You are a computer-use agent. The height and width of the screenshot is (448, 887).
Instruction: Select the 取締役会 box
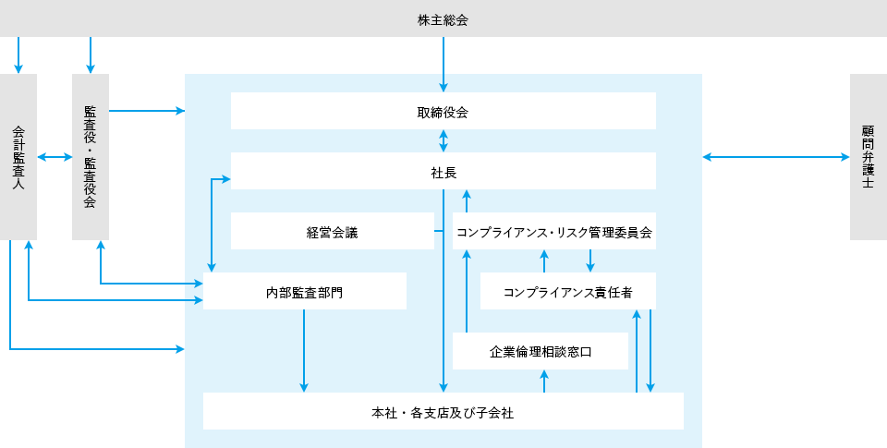[443, 111]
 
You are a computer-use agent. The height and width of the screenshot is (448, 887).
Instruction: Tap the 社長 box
[443, 171]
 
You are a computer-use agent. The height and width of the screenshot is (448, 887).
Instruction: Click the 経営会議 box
[332, 231]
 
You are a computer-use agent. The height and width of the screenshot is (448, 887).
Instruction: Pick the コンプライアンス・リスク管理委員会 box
[554, 231]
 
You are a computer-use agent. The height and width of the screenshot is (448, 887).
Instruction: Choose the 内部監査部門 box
[304, 291]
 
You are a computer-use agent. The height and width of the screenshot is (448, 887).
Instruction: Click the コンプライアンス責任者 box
[568, 291]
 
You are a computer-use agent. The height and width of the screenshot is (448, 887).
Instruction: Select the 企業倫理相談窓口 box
[541, 351]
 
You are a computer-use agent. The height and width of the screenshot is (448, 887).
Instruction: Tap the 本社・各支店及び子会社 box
[443, 411]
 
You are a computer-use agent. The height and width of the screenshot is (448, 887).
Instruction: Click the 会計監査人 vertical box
[18, 157]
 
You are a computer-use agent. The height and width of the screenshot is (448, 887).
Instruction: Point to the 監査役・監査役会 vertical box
[90, 157]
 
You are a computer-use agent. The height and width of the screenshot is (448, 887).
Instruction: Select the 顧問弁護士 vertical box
[869, 157]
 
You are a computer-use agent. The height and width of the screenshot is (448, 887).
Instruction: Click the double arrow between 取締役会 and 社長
[443, 140]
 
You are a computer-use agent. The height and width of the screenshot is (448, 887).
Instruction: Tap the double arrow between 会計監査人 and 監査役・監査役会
[55, 157]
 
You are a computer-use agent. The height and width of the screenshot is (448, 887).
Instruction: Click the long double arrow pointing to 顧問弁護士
[775, 157]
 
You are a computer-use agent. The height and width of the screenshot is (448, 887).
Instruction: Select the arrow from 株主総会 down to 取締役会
[443, 65]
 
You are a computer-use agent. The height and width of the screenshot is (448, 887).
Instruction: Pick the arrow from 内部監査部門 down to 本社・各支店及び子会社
[304, 351]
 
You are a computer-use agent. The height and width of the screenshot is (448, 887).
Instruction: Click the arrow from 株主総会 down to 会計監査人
[18, 55]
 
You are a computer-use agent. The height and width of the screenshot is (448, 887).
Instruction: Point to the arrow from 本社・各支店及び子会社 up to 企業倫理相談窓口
[544, 381]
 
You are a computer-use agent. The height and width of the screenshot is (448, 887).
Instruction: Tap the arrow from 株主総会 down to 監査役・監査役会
[91, 55]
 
